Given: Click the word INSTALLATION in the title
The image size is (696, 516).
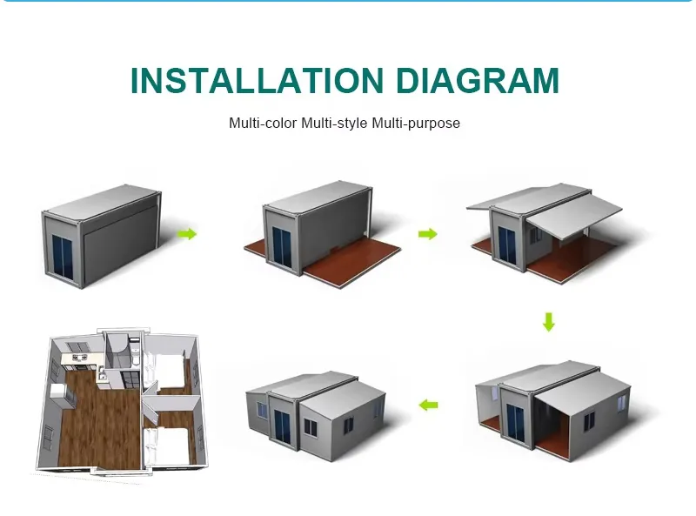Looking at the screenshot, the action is [257, 80].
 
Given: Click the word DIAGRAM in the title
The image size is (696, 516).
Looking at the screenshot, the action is [477, 80].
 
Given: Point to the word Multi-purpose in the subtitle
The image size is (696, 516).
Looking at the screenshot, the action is [416, 124].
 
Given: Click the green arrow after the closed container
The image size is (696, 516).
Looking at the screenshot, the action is [186, 233].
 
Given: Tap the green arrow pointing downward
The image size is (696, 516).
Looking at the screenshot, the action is [549, 322].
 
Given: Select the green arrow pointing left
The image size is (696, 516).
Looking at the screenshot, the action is [428, 405].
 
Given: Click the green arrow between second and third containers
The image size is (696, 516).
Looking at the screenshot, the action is [427, 233].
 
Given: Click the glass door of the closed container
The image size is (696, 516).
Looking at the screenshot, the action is [62, 258].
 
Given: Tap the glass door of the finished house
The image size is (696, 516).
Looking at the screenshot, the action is [281, 426].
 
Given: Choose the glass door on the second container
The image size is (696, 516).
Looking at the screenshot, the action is [281, 246].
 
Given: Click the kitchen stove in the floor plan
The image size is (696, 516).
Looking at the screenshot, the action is [78, 357].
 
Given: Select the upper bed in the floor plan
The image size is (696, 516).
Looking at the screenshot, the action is [168, 366].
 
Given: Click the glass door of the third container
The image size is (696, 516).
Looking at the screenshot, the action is [506, 245].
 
